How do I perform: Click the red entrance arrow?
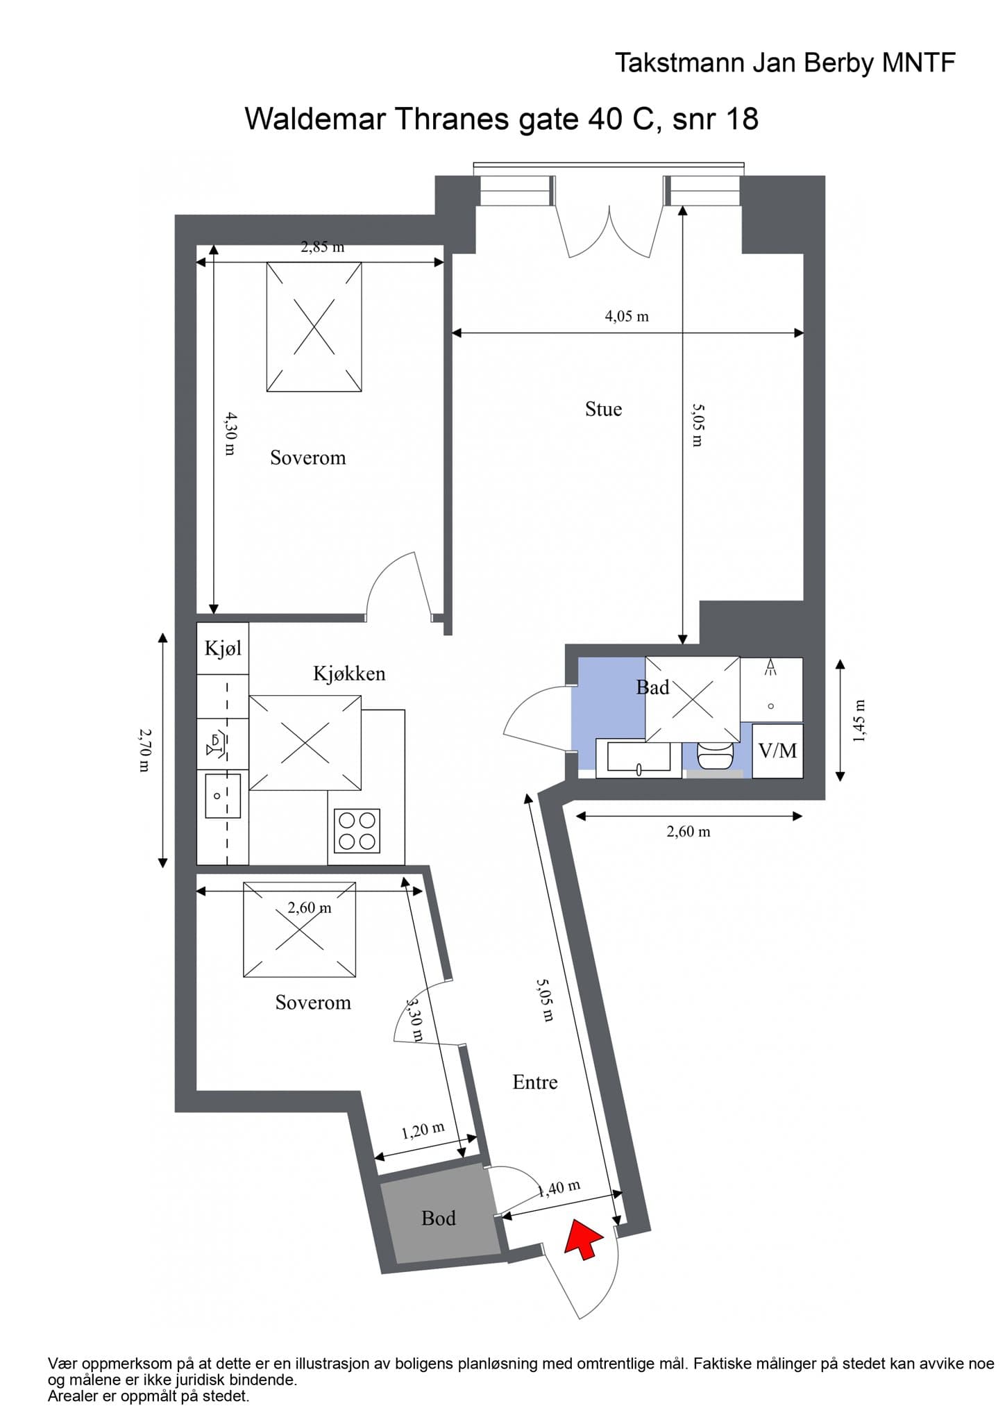(x=582, y=1239)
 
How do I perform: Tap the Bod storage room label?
(x=439, y=1219)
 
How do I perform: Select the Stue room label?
(x=603, y=409)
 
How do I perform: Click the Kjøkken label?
(x=349, y=674)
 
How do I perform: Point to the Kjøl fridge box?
(x=223, y=649)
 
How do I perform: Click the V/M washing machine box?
(x=777, y=751)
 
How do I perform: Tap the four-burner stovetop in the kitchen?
(x=357, y=830)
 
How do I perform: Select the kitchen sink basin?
(x=222, y=796)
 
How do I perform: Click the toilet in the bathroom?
(x=715, y=754)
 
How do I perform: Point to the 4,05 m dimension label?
(x=627, y=317)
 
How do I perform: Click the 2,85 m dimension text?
(x=322, y=246)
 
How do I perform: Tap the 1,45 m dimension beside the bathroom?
(x=859, y=720)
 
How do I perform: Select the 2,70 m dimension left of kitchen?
(x=144, y=750)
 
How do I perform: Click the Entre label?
(x=535, y=1082)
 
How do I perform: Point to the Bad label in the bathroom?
(x=652, y=687)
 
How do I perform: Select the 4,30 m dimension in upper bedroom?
(x=230, y=434)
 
